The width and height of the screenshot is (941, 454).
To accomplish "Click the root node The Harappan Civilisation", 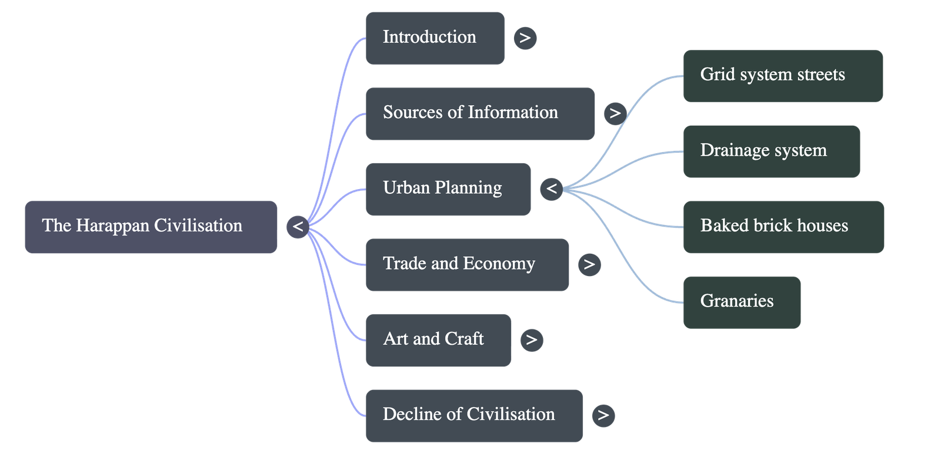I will click(151, 227).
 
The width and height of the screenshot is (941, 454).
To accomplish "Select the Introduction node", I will click(435, 38).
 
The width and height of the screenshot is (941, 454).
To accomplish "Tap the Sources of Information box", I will click(480, 113).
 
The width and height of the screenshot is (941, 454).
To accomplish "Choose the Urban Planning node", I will click(448, 189).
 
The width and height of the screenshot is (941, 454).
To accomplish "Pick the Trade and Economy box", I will click(467, 264).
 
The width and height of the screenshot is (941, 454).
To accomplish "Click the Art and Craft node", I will click(438, 339).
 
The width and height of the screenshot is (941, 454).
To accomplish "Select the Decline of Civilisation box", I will click(474, 415).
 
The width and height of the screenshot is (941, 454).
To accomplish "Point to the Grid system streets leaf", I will click(783, 75).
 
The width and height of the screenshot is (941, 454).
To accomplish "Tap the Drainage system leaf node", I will click(772, 151).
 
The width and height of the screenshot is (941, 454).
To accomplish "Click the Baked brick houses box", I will click(783, 227).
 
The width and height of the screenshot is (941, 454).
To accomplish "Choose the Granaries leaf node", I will click(742, 302).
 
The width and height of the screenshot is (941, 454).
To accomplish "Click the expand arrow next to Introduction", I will click(525, 38).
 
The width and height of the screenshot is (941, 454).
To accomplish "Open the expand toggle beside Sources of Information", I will click(615, 113).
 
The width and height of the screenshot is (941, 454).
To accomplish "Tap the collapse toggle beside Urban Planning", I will click(551, 189).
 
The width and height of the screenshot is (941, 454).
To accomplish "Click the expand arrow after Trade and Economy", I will click(589, 265).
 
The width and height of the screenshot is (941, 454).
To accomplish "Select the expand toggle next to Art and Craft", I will click(532, 339).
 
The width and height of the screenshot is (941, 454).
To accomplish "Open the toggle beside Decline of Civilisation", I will click(603, 415).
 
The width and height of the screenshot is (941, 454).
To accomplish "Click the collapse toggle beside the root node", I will click(298, 227).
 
